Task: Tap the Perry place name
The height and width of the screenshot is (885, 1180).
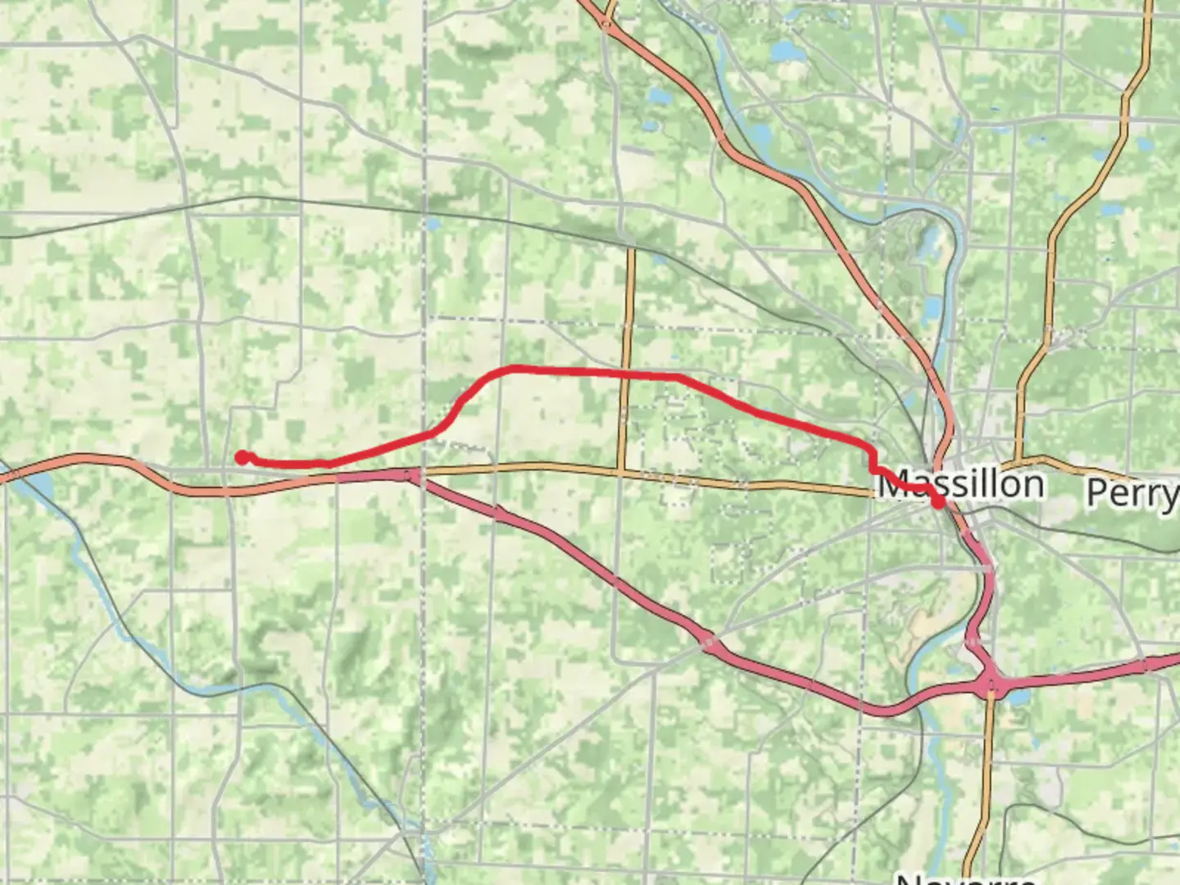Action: pyautogui.click(x=1132, y=492)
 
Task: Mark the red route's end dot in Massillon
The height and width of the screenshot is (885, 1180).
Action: pyautogui.click(x=937, y=502)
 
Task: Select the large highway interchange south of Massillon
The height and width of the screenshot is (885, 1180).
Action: pyautogui.click(x=992, y=684)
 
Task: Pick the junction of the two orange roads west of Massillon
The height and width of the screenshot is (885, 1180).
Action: pyautogui.click(x=621, y=470)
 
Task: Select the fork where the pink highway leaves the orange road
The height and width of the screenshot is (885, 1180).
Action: pyautogui.click(x=414, y=475)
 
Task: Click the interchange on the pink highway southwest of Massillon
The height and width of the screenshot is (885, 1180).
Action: pyautogui.click(x=709, y=642)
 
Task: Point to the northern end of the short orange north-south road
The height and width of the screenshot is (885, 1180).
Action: pyautogui.click(x=631, y=250)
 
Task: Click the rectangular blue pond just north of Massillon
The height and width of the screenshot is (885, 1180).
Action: pyautogui.click(x=932, y=310)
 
